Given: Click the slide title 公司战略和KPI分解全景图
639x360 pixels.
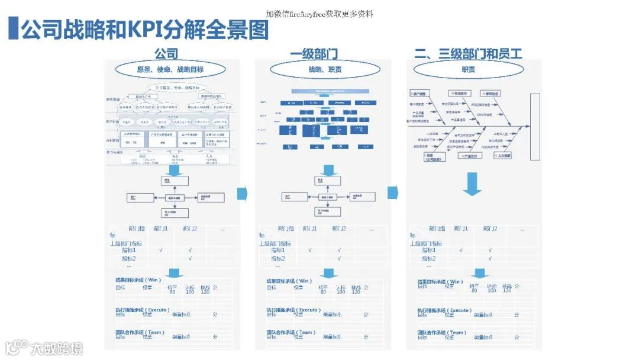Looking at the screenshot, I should click(x=145, y=30).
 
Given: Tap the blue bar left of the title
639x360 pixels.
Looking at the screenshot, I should click(x=13, y=29).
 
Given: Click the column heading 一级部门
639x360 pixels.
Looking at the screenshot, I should click(x=314, y=54).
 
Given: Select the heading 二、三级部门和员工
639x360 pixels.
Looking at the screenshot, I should click(x=468, y=54).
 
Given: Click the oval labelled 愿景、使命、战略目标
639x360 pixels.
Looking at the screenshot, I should click(x=170, y=70).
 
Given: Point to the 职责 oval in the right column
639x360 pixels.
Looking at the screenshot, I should click(x=468, y=70).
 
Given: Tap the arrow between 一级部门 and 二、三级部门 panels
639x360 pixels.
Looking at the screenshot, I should click(x=393, y=193).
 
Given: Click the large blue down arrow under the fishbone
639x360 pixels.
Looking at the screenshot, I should click(x=472, y=184).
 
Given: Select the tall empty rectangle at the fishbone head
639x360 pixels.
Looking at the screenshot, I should click(x=535, y=127).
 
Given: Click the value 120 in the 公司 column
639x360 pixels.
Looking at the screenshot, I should click(x=205, y=291).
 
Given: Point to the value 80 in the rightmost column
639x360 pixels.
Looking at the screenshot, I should click(x=474, y=290).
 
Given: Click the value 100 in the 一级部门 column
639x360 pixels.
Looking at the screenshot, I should click(x=340, y=291).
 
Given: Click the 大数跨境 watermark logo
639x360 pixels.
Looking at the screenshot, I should click(x=44, y=347).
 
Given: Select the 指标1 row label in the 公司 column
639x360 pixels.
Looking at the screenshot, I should click(x=129, y=250).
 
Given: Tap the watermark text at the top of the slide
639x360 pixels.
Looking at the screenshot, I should click(x=319, y=14).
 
